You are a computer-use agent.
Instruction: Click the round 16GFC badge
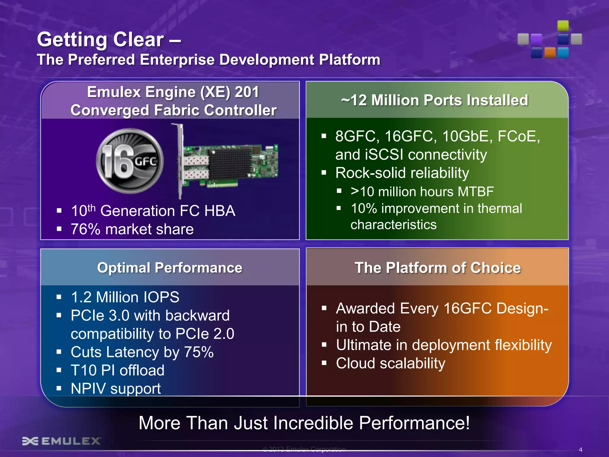coord(130,161)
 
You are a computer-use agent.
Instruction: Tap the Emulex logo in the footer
coord(61,441)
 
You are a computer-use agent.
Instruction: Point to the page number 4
coord(580,450)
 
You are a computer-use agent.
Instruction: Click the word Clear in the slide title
coord(138,40)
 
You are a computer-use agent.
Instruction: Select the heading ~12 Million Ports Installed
coord(434,100)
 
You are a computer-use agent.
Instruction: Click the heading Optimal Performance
coord(170,268)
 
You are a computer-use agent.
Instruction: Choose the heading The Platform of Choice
coord(438,268)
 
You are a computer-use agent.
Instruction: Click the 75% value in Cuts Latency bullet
coord(199,352)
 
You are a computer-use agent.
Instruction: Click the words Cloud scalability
coord(390,364)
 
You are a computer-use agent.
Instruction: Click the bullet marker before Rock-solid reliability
coord(324,173)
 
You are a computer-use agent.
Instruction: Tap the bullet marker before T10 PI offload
coord(59,370)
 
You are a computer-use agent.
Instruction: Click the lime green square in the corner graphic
coord(563,26)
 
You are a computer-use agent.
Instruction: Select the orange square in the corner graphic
coord(550,53)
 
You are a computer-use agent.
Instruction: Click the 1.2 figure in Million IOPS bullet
coord(81,297)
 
